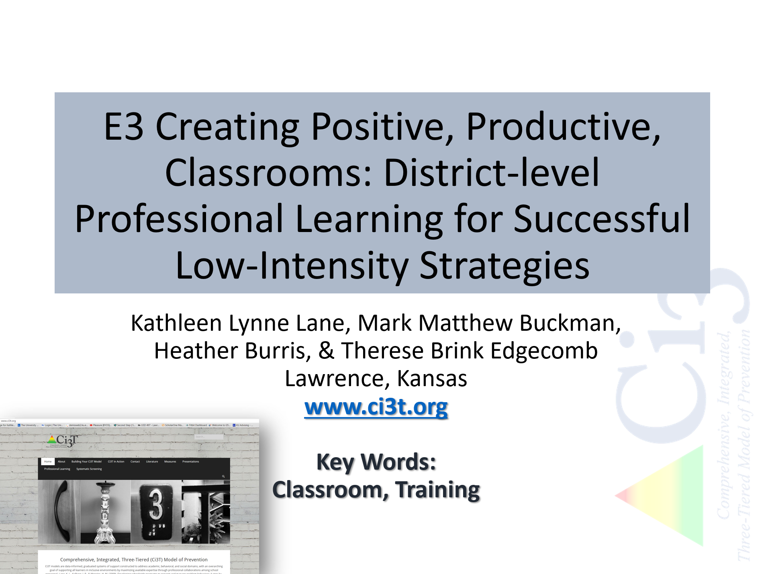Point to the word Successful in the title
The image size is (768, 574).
(601, 219)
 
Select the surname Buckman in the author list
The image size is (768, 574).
(570, 323)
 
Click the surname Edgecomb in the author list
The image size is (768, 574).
(544, 351)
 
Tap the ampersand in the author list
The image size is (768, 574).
(326, 351)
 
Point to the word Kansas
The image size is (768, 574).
(432, 379)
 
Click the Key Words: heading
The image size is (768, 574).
(376, 462)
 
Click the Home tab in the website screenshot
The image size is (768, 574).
(48, 462)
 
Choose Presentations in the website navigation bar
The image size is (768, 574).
(190, 462)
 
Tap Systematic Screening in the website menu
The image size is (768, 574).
(89, 469)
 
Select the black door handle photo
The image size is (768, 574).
(60, 512)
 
